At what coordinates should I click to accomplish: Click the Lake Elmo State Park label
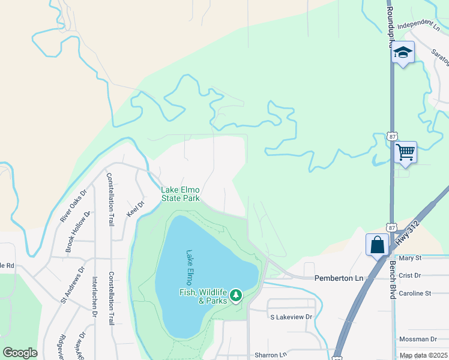[180, 194]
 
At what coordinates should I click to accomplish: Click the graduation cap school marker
[403, 53]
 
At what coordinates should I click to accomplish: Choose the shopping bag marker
[378, 244]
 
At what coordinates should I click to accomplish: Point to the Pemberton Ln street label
[339, 278]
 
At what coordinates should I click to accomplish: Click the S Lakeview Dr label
[291, 317]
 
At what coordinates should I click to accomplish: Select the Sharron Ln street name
[271, 355]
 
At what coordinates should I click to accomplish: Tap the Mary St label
[411, 258]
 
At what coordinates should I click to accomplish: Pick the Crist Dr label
[411, 275]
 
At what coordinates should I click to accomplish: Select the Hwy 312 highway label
[406, 232]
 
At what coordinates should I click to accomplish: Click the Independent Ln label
[418, 25]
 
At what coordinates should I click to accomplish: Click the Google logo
[20, 353]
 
